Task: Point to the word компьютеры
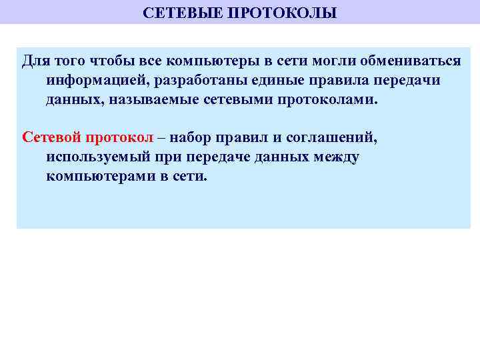(x=213, y=61)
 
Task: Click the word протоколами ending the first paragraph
(x=333, y=100)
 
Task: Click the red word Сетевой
(x=51, y=138)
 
